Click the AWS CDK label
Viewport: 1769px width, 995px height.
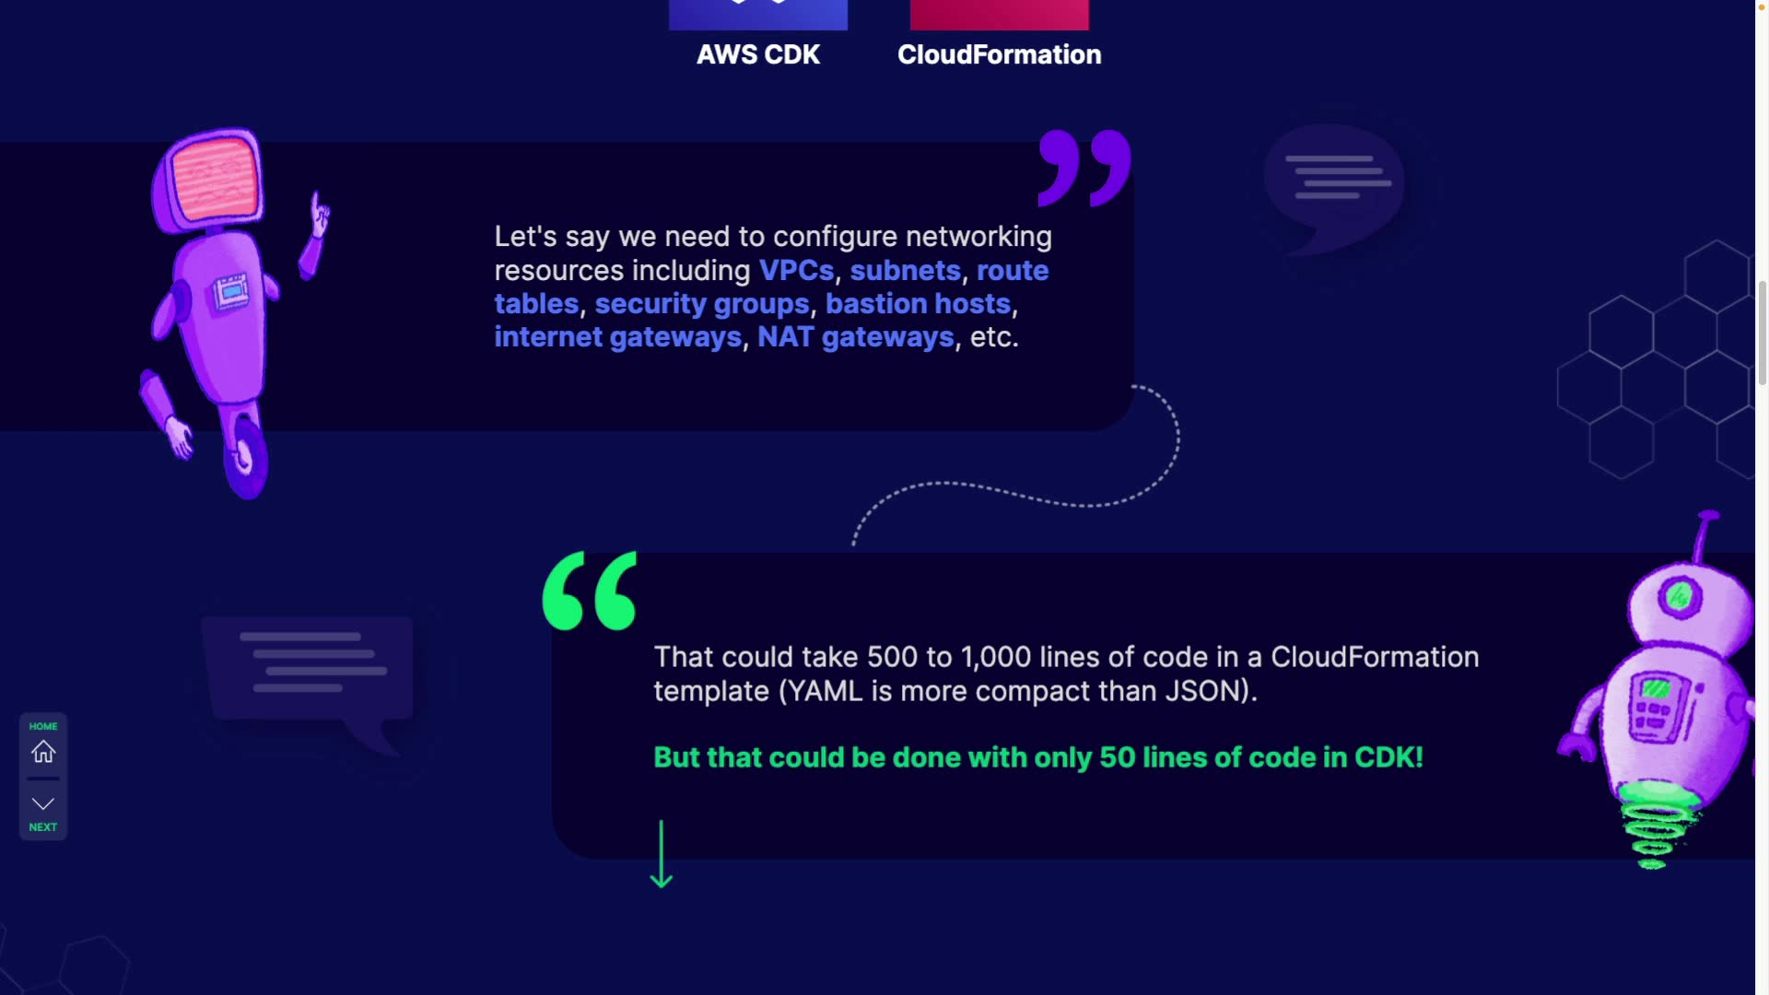coord(757,54)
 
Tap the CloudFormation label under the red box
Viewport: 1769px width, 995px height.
coord(999,54)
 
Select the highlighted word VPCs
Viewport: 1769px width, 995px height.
coord(796,271)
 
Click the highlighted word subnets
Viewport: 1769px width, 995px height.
coord(905,271)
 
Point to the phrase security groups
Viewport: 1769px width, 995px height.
coord(701,304)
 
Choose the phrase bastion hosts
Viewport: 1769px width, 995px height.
coord(918,304)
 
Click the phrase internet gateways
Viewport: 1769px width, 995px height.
coord(617,337)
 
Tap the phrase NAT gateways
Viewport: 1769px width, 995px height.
coord(855,337)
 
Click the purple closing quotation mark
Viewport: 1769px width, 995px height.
coord(1084,167)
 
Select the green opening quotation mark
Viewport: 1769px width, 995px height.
coord(590,591)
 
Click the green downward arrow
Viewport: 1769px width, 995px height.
coord(661,854)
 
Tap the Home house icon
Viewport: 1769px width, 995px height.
coord(43,751)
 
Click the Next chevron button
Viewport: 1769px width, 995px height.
coord(43,804)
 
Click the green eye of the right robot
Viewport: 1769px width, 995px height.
coord(1678,597)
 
